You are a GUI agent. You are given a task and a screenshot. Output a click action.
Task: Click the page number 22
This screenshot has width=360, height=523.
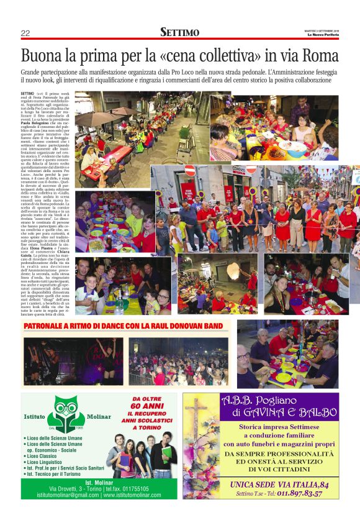(x=25, y=33)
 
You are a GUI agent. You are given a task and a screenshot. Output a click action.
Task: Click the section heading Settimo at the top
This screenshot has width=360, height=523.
(x=179, y=32)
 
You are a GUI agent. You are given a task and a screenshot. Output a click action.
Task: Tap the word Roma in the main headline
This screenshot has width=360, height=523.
(x=320, y=55)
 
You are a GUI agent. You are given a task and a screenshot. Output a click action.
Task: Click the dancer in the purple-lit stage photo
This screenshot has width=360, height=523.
(x=105, y=360)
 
